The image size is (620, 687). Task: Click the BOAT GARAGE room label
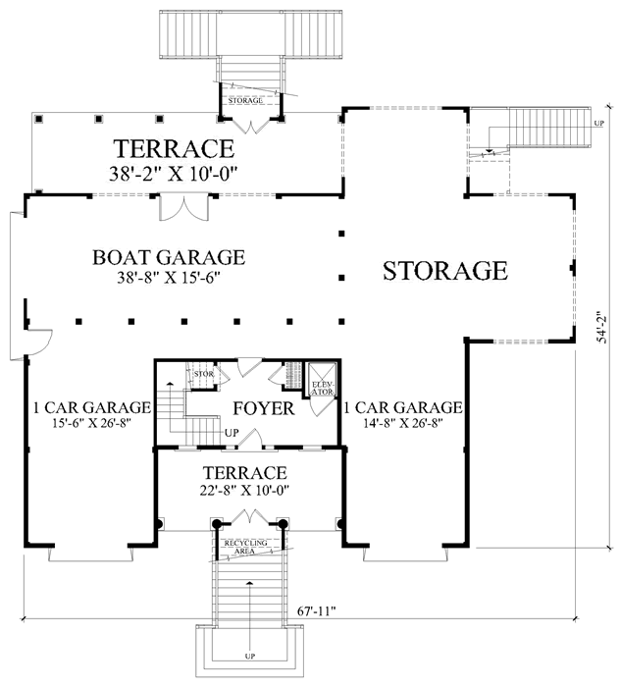pyautogui.click(x=169, y=257)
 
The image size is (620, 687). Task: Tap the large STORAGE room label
pyautogui.click(x=445, y=270)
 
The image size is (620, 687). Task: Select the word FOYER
pyautogui.click(x=264, y=408)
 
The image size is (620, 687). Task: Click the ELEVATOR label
pyautogui.click(x=323, y=389)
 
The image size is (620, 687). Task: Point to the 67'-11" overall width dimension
pyautogui.click(x=317, y=610)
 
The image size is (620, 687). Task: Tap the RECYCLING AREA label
pyautogui.click(x=245, y=547)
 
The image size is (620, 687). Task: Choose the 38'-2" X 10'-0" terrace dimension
pyautogui.click(x=173, y=174)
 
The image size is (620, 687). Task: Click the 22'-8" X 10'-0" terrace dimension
pyautogui.click(x=245, y=491)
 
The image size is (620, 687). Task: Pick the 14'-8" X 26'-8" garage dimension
pyautogui.click(x=402, y=423)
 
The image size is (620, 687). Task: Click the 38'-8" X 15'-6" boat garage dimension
pyautogui.click(x=168, y=278)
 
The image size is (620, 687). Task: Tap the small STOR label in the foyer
pyautogui.click(x=204, y=374)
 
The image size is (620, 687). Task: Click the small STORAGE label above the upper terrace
pyautogui.click(x=245, y=101)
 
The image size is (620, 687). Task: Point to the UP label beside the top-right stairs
pyautogui.click(x=599, y=123)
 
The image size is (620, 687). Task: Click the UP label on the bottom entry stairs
pyautogui.click(x=249, y=657)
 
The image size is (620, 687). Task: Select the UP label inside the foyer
pyautogui.click(x=232, y=433)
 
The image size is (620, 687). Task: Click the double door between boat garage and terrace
pyautogui.click(x=183, y=206)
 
